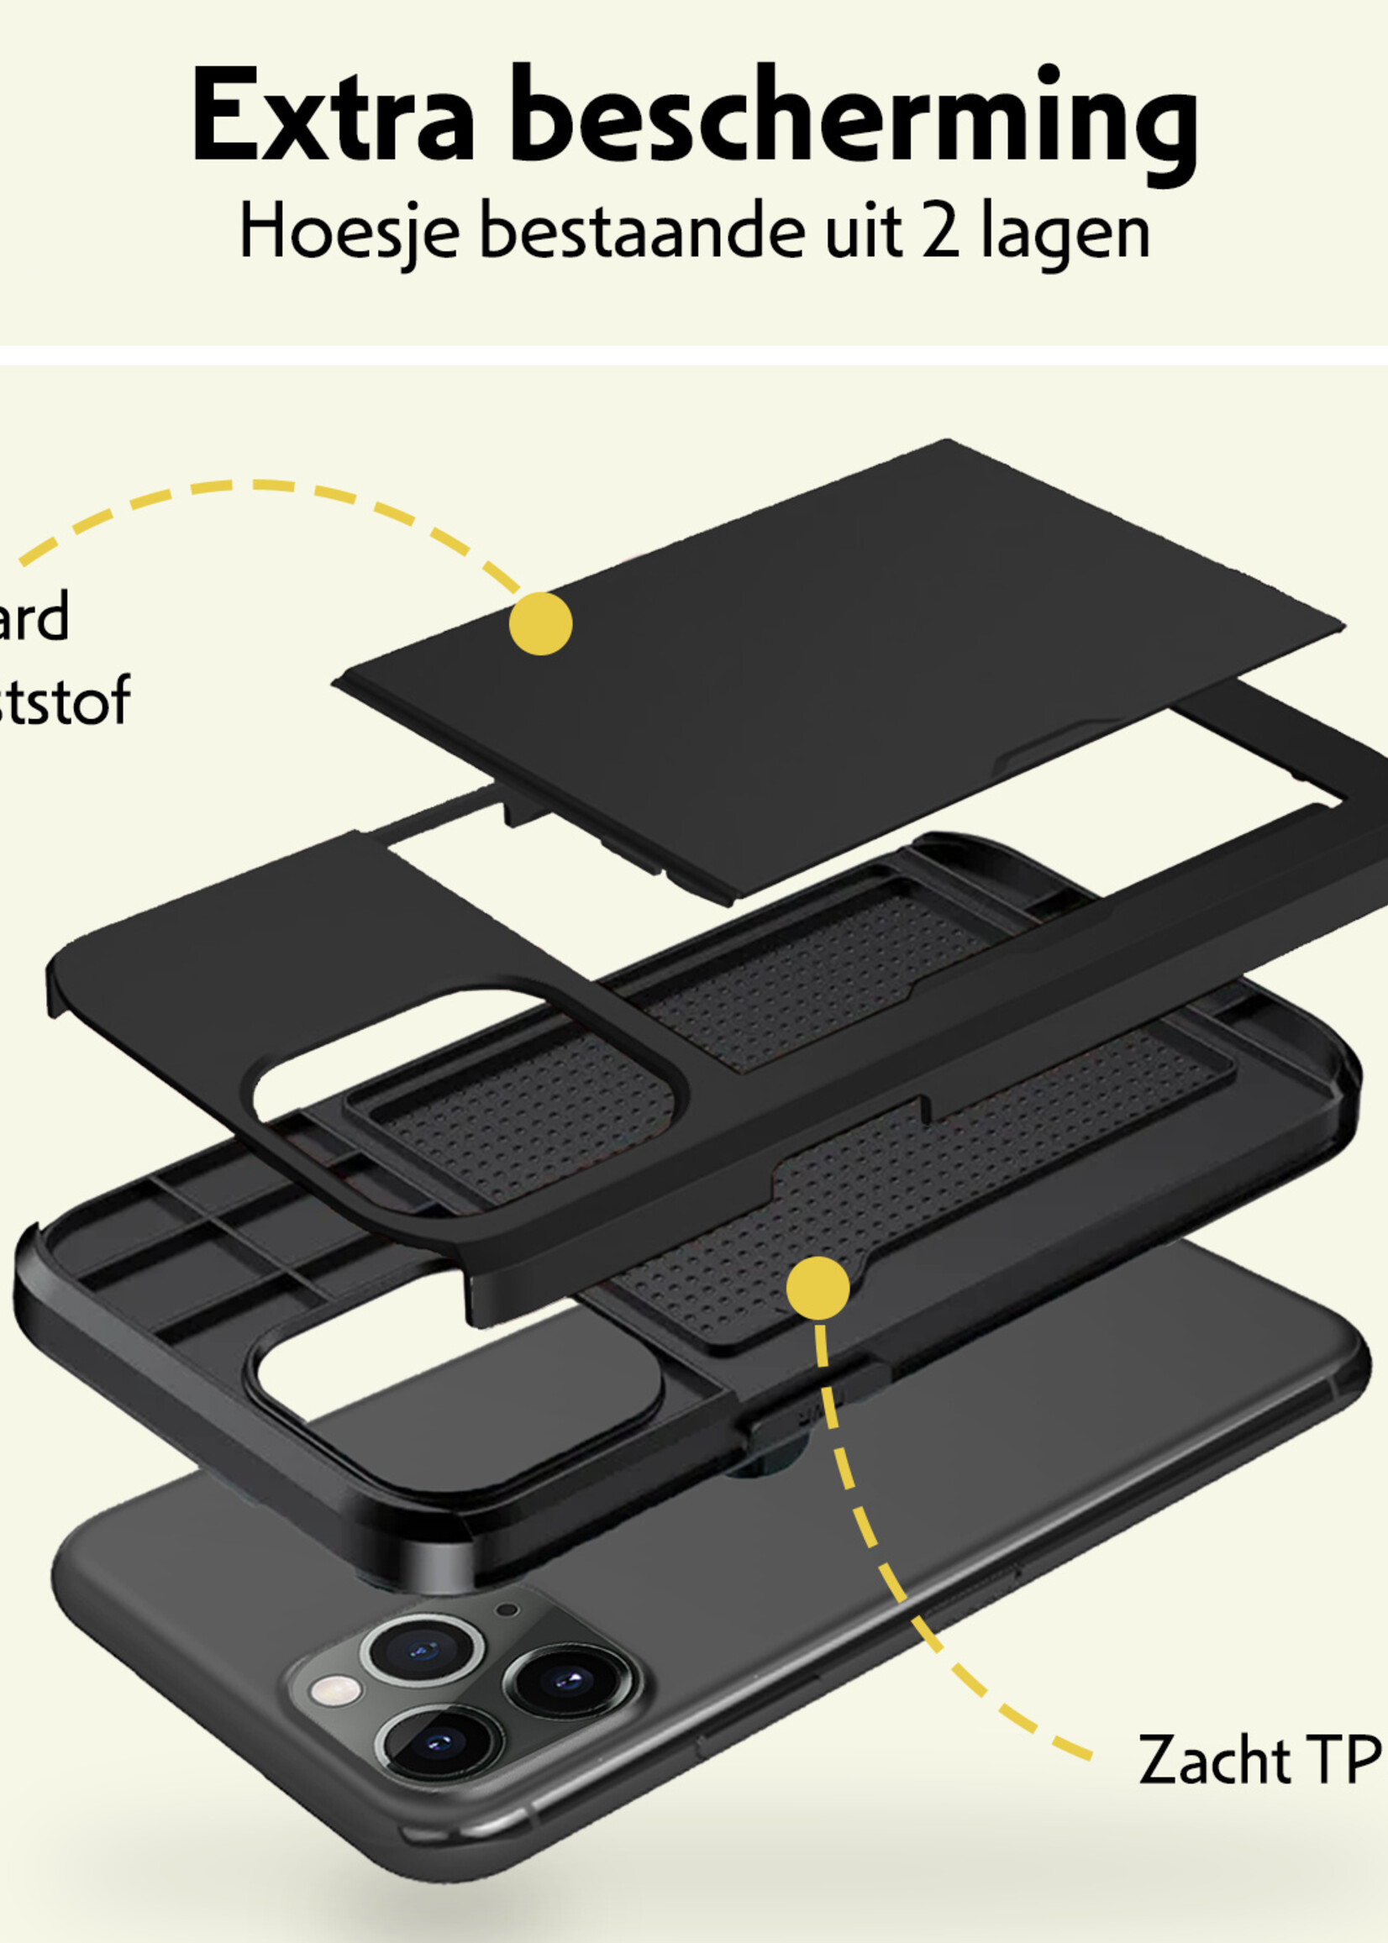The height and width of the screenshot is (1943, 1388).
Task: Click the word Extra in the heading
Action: (334, 115)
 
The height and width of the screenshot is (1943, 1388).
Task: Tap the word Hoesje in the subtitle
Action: (350, 234)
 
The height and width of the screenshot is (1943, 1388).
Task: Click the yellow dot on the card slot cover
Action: (540, 624)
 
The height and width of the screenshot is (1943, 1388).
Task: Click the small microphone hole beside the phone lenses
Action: (507, 1610)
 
